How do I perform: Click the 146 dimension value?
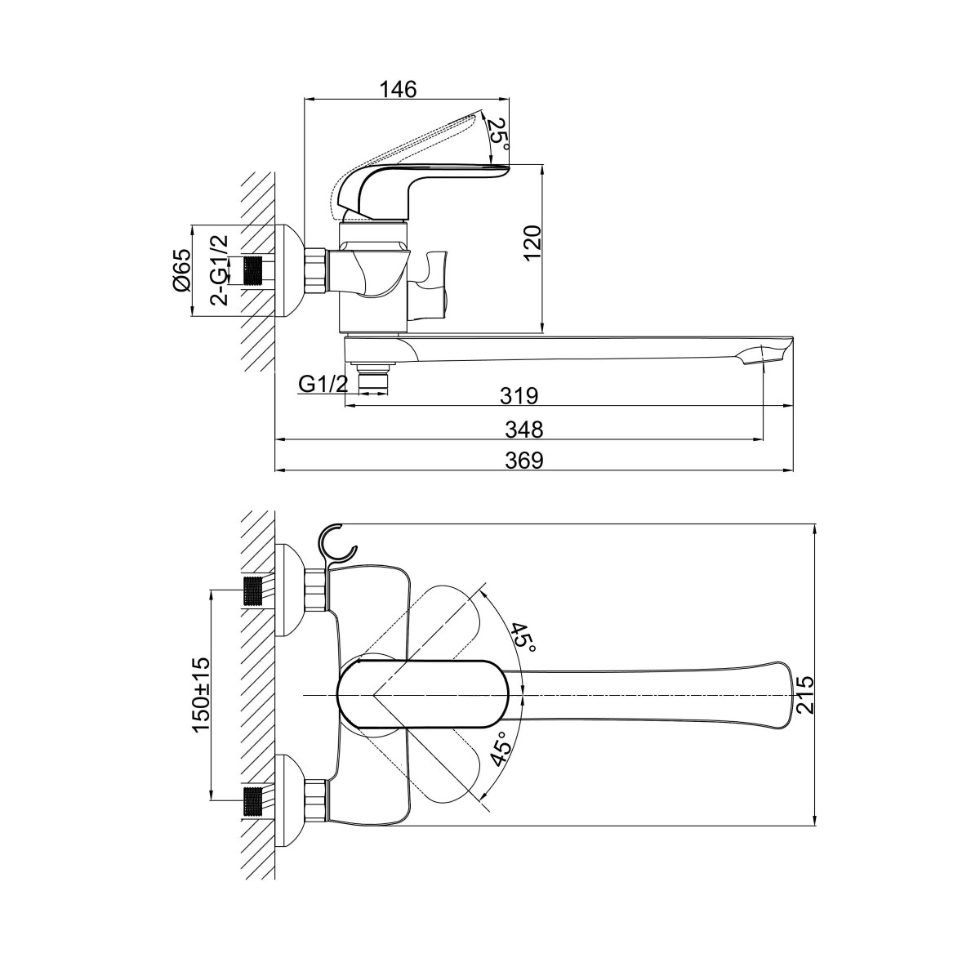pyautogui.click(x=399, y=89)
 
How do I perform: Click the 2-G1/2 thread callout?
pyautogui.click(x=220, y=270)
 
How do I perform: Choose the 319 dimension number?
pyautogui.click(x=519, y=395)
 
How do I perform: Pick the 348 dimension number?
pyautogui.click(x=524, y=430)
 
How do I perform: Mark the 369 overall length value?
pyautogui.click(x=524, y=461)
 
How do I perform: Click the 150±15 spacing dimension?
pyautogui.click(x=201, y=694)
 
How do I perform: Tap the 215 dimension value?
pyautogui.click(x=804, y=695)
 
